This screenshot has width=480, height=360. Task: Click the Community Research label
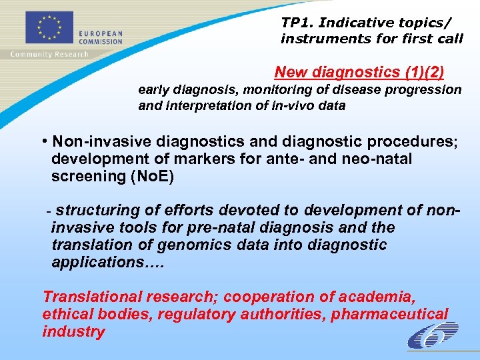click(x=49, y=55)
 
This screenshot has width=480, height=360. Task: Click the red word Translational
click(x=93, y=297)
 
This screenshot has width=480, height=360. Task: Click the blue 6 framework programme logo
click(x=434, y=335)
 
